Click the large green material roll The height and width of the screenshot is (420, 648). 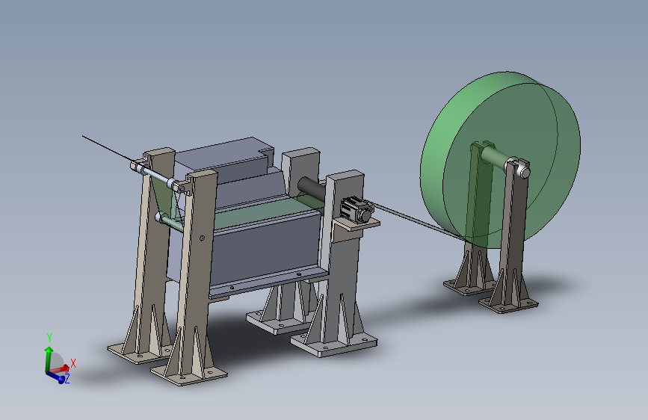500,159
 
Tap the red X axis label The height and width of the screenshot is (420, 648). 73,363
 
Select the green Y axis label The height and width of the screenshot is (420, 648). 49,337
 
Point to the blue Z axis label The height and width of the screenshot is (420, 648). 67,378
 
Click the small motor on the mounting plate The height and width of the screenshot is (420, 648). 357,209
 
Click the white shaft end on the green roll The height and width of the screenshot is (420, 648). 523,170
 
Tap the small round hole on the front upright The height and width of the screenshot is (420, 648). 202,238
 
